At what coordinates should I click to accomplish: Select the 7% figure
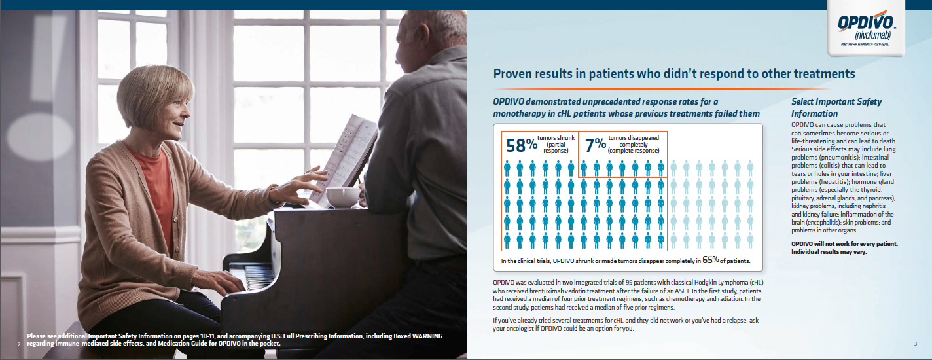pos(595,145)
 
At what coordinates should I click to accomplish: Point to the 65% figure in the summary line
pos(710,260)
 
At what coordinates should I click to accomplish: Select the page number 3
pos(915,344)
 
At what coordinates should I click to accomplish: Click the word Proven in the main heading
pos(512,74)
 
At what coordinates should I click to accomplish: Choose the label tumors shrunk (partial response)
pos(556,144)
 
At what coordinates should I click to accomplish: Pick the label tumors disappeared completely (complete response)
pos(633,144)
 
